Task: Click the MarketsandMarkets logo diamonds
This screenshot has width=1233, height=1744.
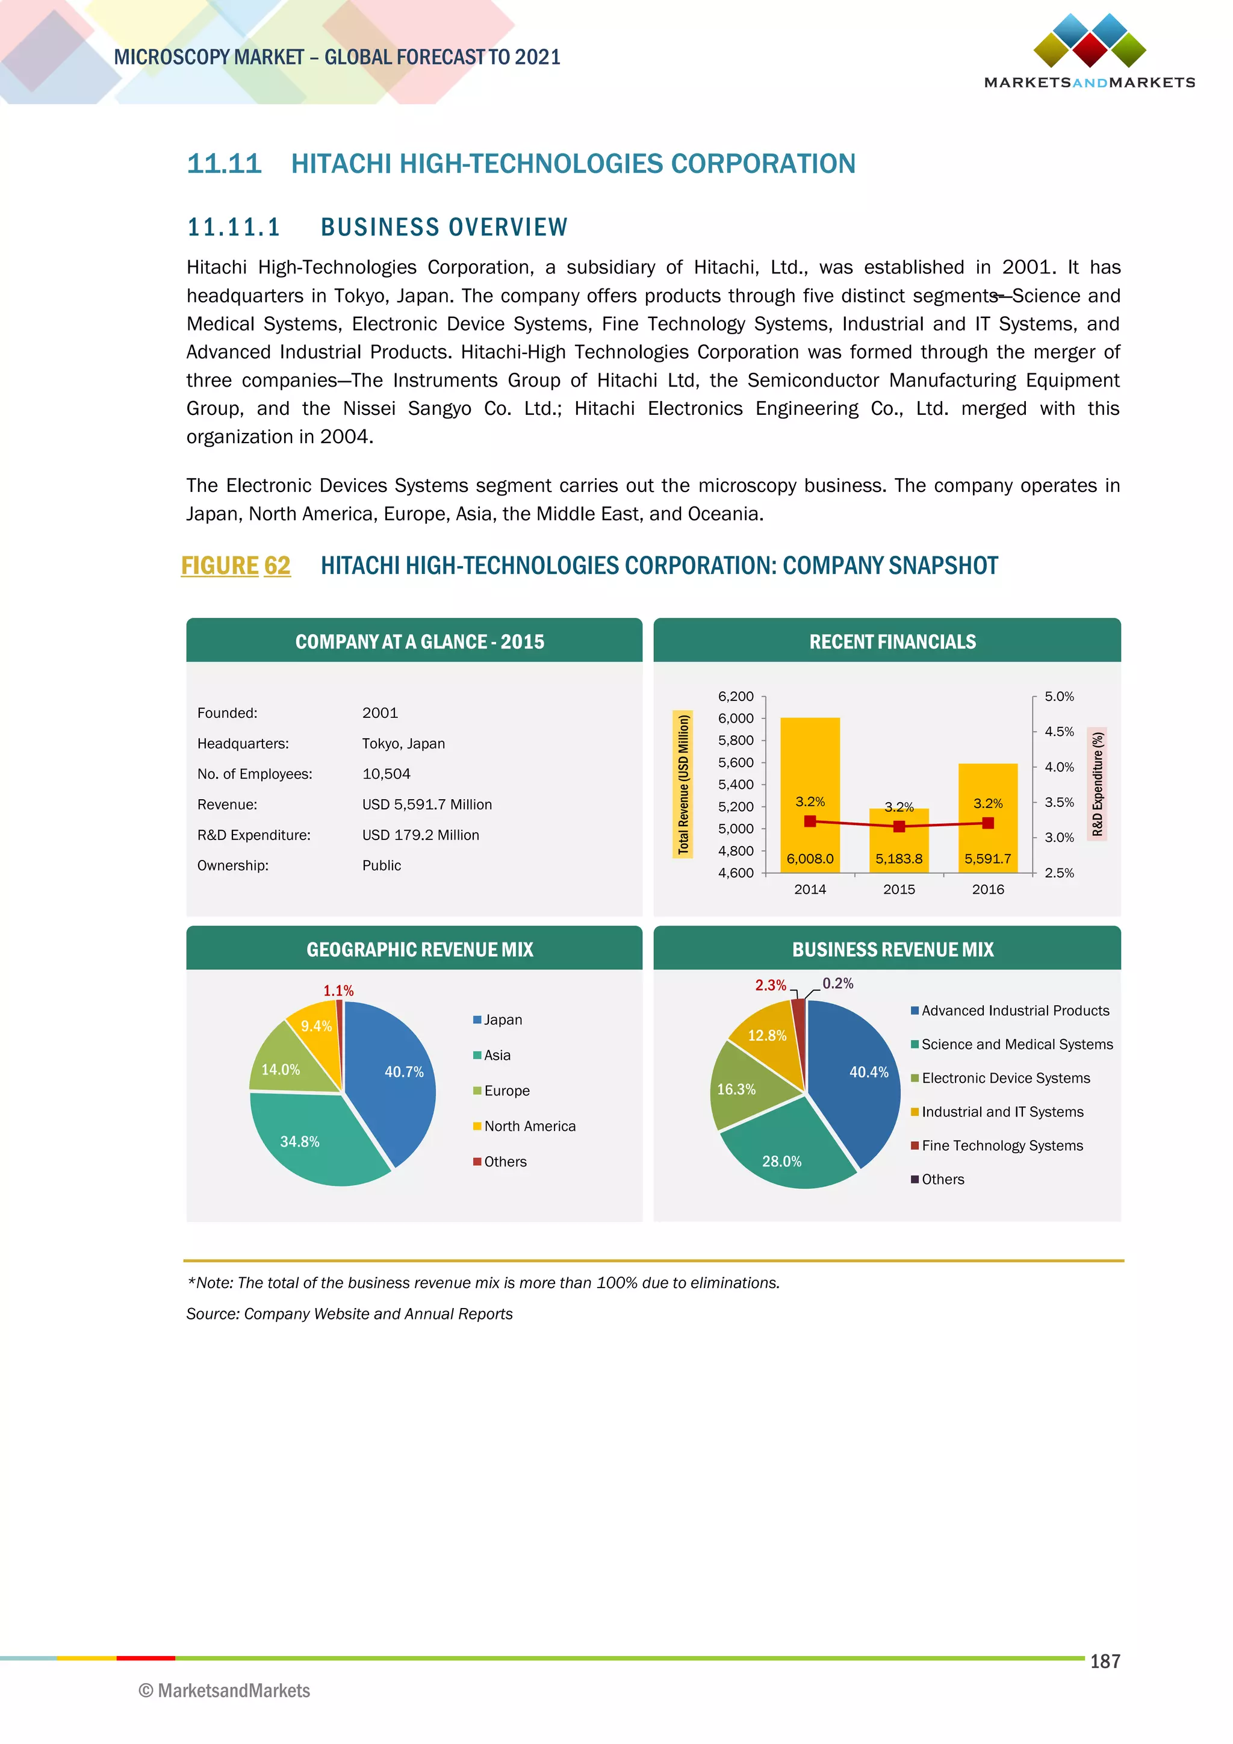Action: (x=1090, y=41)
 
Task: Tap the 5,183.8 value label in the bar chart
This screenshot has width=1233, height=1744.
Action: (x=898, y=859)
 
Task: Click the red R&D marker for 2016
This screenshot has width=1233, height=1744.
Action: (x=988, y=823)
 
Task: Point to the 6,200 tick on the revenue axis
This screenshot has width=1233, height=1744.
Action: (x=736, y=697)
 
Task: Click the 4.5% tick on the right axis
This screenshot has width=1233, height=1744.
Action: (x=1059, y=732)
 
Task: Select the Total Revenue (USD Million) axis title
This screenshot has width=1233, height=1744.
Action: (x=683, y=784)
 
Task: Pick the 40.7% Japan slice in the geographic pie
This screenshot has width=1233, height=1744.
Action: (x=395, y=1079)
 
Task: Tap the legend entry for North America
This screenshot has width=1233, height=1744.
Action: (x=529, y=1127)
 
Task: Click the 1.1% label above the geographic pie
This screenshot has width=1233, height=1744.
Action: (x=338, y=991)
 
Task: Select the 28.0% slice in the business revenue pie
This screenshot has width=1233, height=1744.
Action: (x=786, y=1151)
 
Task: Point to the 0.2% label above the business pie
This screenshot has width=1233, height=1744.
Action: (x=837, y=983)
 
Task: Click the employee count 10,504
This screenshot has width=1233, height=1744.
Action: (x=386, y=774)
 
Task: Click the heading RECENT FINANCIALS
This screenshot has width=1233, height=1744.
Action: (x=892, y=642)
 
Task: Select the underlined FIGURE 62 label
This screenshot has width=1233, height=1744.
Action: (x=235, y=566)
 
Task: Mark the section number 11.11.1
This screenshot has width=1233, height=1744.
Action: (x=234, y=227)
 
